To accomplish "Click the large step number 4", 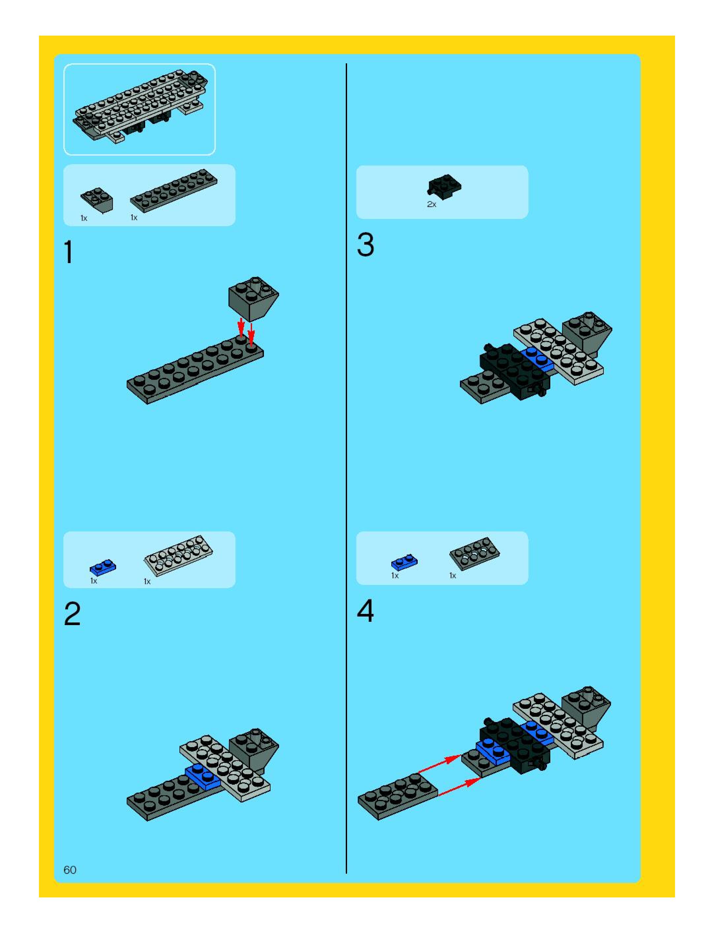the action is click(365, 611).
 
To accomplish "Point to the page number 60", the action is click(70, 870).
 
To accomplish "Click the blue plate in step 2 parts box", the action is click(103, 567).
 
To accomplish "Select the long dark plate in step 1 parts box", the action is click(174, 190).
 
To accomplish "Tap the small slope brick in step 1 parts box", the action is click(97, 199).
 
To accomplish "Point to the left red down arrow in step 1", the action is click(241, 326).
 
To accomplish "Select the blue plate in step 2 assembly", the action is click(203, 775).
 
